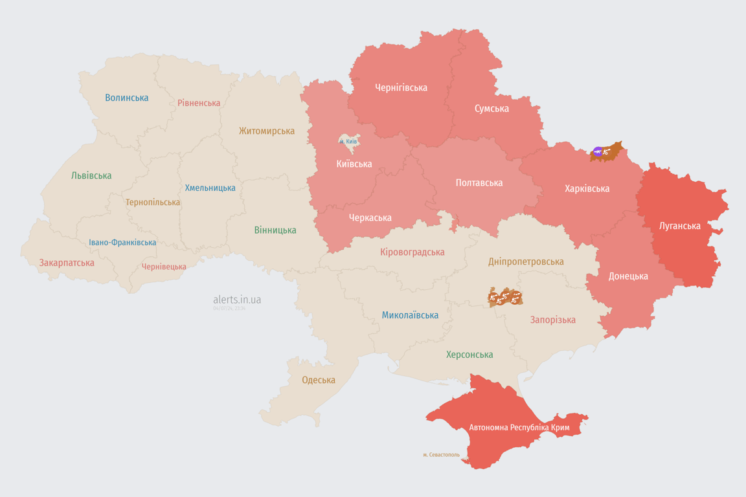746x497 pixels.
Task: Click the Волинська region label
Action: pos(127,98)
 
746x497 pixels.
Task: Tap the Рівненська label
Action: pos(199,103)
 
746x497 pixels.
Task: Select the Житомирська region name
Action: pos(267,131)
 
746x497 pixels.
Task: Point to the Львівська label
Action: pos(91,175)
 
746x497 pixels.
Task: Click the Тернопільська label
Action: pos(153,202)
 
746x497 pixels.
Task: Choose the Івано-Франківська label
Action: pos(122,243)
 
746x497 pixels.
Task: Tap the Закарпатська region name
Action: pos(67,263)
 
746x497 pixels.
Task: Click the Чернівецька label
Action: pos(164,267)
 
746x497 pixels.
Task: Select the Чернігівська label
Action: pos(401,87)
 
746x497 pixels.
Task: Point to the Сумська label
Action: pos(492,108)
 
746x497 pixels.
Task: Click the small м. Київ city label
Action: pos(348,141)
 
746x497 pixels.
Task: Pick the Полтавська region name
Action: pos(479,182)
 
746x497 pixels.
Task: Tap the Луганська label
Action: pos(680,226)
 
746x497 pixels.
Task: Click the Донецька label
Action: pos(628,276)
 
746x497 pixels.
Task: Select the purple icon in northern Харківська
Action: pos(597,152)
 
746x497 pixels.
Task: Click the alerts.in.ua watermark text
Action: pos(237,300)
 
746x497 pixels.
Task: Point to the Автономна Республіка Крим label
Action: pos(519,428)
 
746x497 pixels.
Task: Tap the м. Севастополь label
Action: pos(441,454)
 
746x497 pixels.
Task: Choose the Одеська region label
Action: pos(319,380)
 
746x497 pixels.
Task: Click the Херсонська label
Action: pos(469,355)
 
